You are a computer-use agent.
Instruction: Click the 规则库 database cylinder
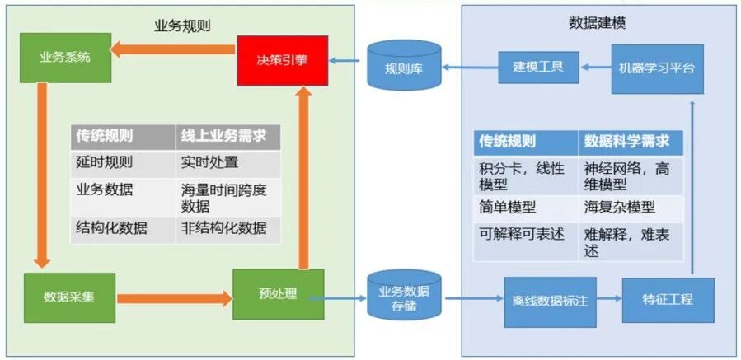click(404, 67)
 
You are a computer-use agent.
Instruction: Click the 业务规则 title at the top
click(182, 25)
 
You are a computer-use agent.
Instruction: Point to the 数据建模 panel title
click(597, 23)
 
